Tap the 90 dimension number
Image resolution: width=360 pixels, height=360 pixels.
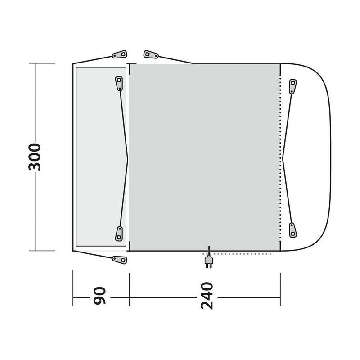point(99,295)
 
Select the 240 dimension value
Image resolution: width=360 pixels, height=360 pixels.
point(206,296)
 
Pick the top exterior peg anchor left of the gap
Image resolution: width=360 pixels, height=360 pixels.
point(119,54)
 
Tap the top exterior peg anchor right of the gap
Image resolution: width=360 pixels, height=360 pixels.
point(151,54)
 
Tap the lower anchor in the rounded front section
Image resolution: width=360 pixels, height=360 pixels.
point(293,228)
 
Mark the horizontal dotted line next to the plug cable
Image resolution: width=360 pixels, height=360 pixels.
point(243,254)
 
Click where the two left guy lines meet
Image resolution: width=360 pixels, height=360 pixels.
point(128,157)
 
